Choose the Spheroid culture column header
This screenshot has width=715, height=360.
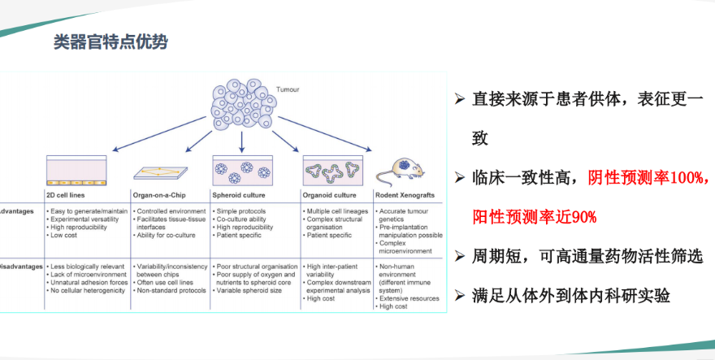[x=241, y=195]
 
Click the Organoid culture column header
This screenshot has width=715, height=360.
[x=330, y=195]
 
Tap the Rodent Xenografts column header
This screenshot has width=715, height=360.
[x=409, y=195]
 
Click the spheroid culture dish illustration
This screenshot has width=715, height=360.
[x=242, y=170]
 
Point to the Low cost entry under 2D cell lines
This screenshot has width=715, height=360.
[x=66, y=235]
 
